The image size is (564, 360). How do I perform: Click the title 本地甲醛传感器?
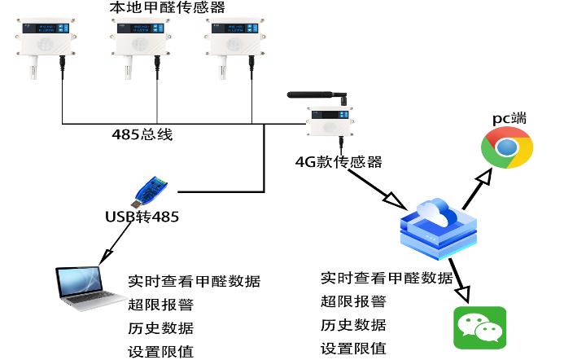point(167,8)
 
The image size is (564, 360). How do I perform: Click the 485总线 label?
point(142,134)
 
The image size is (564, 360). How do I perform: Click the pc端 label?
point(509,119)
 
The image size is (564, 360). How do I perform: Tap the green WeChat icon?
point(479,327)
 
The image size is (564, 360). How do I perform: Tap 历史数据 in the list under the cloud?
point(353,325)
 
